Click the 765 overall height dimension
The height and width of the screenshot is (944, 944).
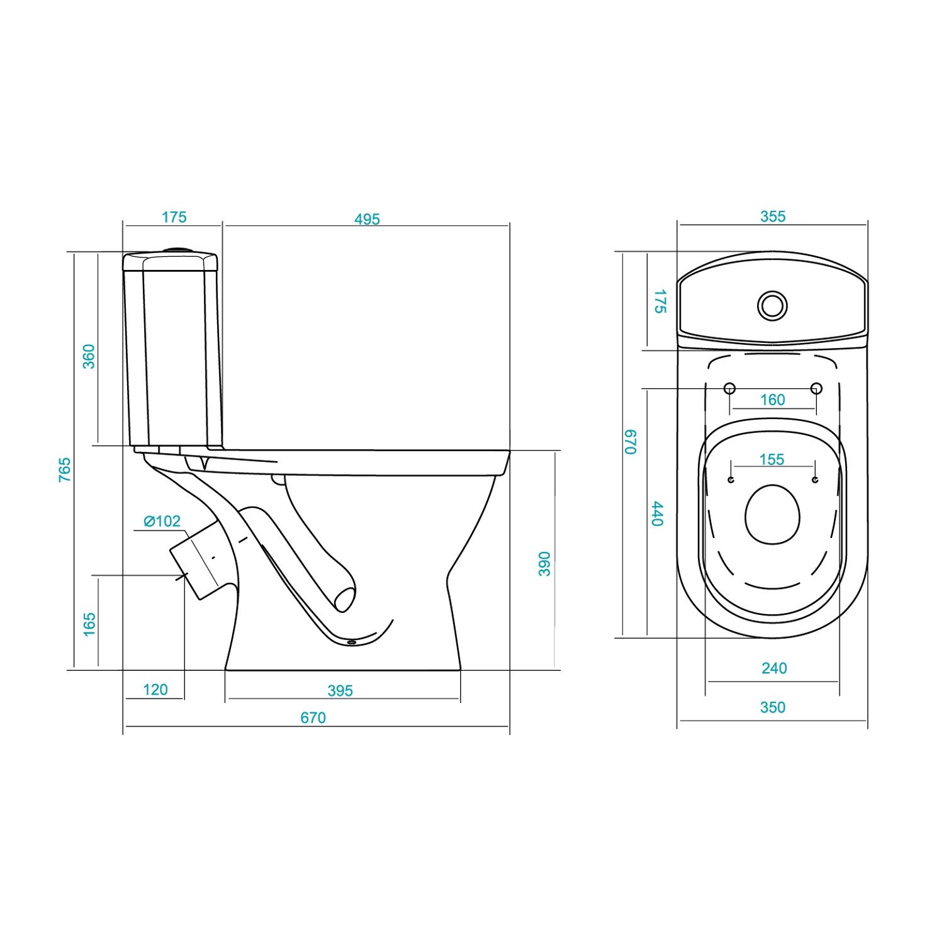pyautogui.click(x=65, y=470)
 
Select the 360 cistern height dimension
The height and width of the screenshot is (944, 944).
pyautogui.click(x=89, y=356)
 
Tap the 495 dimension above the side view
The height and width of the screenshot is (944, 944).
pyautogui.click(x=367, y=219)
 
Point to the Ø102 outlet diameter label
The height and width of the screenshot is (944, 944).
pyautogui.click(x=162, y=521)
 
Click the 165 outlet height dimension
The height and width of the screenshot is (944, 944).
pyautogui.click(x=89, y=624)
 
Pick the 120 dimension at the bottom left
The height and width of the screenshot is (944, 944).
pyautogui.click(x=155, y=690)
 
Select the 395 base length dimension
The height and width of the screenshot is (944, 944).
pyautogui.click(x=340, y=691)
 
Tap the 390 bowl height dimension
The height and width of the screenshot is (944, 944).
pyautogui.click(x=544, y=564)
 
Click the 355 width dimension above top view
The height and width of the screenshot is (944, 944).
pyautogui.click(x=773, y=216)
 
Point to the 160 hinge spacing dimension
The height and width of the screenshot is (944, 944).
pyautogui.click(x=772, y=400)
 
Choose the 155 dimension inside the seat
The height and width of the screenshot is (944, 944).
pyautogui.click(x=772, y=459)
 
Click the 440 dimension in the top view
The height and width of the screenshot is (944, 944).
pyautogui.click(x=658, y=514)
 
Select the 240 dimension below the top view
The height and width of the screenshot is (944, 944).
pyautogui.click(x=774, y=668)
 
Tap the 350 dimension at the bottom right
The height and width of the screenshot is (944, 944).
pyautogui.click(x=773, y=707)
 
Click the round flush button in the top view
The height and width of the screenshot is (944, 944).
pyautogui.click(x=772, y=305)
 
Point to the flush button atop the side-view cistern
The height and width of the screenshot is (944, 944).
pyautogui.click(x=178, y=250)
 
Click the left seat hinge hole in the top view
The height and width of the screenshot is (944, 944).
pyautogui.click(x=729, y=388)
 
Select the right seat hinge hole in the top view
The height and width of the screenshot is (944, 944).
pyautogui.click(x=816, y=388)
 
